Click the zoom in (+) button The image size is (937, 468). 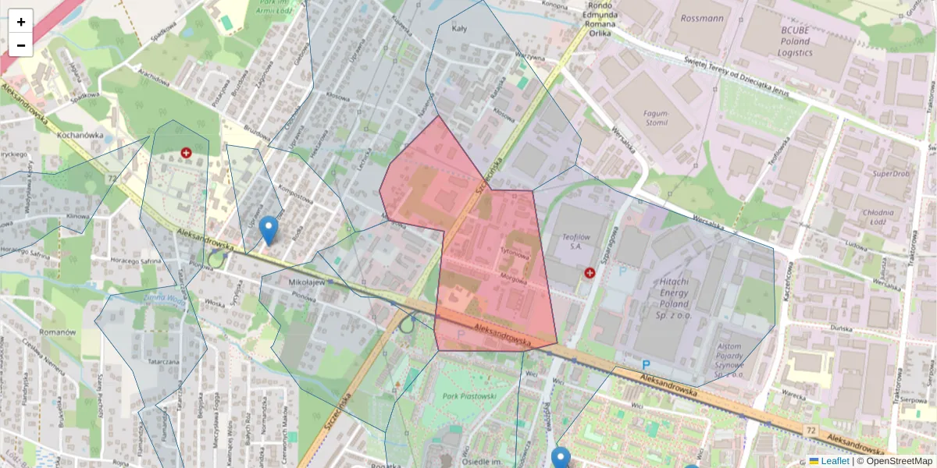tap(21, 21)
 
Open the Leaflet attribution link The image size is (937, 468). tap(834, 461)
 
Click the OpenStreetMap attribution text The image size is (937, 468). tap(899, 461)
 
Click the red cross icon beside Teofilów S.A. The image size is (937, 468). tap(590, 272)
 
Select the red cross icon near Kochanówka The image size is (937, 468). tap(186, 153)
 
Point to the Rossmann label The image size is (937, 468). tap(702, 18)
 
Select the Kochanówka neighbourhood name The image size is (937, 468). tap(81, 134)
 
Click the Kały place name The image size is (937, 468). tap(459, 28)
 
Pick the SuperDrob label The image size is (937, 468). tap(891, 173)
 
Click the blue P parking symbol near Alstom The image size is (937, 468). tap(646, 364)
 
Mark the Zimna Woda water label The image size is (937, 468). tap(165, 296)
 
